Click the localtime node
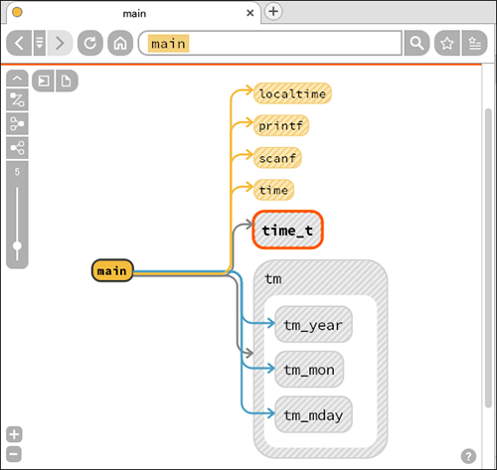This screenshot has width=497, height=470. pyautogui.click(x=292, y=93)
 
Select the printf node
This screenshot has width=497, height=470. pyautogui.click(x=281, y=125)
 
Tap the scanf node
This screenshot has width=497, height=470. pyautogui.click(x=277, y=158)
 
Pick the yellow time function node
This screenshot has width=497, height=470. pyautogui.click(x=273, y=190)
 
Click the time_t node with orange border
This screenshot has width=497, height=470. pyautogui.click(x=287, y=230)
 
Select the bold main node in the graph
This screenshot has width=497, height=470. pyautogui.click(x=112, y=270)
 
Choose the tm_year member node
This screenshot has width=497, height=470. pyautogui.click(x=313, y=324)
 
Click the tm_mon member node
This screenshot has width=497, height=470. pyautogui.click(x=309, y=369)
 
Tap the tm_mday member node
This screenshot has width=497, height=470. pyautogui.click(x=313, y=414)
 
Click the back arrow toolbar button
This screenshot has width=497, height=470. pyautogui.click(x=19, y=43)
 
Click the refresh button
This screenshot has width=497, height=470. pyautogui.click(x=90, y=43)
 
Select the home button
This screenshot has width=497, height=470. pyautogui.click(x=120, y=43)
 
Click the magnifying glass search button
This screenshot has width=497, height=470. pyautogui.click(x=416, y=43)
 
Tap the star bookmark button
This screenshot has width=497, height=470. pyautogui.click(x=447, y=43)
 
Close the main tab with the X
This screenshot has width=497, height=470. pyautogui.click(x=250, y=13)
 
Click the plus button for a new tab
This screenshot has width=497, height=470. pyautogui.click(x=273, y=12)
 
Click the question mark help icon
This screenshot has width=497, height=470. pyautogui.click(x=468, y=456)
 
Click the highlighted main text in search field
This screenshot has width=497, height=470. pyautogui.click(x=168, y=44)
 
